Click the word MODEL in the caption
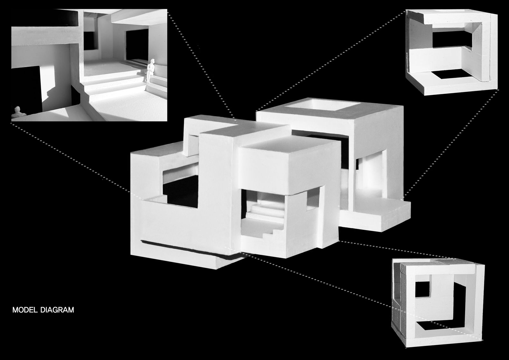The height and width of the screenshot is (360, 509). click(x=25, y=310)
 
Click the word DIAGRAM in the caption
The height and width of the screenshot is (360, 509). click(x=57, y=310)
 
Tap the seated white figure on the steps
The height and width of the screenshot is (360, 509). click(x=150, y=70)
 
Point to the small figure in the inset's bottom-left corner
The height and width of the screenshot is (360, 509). click(x=18, y=112)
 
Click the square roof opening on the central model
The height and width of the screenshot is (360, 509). click(x=323, y=105)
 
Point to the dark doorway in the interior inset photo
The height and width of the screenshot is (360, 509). click(x=137, y=45)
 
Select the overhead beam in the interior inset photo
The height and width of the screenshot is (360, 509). click(x=45, y=36)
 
